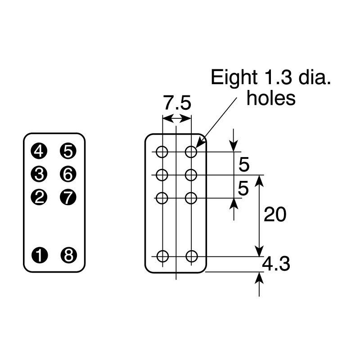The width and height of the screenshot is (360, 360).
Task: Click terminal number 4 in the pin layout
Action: coord(39,151)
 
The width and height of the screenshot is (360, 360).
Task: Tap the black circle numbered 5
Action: coord(68,151)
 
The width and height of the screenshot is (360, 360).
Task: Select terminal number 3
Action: coord(39,174)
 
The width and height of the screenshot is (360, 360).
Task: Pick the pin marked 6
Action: coord(68,174)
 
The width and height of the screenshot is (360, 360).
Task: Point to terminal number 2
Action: coord(39,197)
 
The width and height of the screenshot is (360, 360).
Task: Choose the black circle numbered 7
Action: coord(68,197)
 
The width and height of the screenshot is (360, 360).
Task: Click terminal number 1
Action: coord(40,255)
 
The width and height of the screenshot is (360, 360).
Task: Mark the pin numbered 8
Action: coord(69,255)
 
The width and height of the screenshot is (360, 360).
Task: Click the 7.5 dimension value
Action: coord(177,103)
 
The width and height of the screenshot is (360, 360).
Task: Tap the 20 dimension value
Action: coord(275,215)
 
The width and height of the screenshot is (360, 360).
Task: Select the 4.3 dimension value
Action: coord(276,264)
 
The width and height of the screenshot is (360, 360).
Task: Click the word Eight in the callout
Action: coord(234,78)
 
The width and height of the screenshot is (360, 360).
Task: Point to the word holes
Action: coord(271,98)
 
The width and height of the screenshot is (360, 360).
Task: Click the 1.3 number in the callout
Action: coord(279,77)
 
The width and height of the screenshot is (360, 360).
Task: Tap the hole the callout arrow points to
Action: coord(191,152)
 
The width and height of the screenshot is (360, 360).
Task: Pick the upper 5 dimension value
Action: coord(244,164)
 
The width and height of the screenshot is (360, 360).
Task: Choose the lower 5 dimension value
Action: coord(243,188)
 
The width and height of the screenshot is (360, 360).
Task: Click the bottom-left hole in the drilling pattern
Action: coord(162,256)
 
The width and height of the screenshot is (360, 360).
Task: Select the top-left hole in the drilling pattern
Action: coord(162,152)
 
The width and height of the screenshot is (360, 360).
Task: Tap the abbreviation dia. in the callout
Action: coord(315,77)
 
